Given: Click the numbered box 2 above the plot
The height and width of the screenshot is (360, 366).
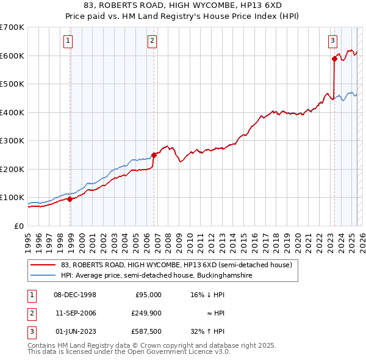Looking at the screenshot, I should (151, 41).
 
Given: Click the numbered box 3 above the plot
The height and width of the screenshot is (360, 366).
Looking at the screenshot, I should (332, 41).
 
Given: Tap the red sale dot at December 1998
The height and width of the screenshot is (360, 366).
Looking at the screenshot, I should (70, 198).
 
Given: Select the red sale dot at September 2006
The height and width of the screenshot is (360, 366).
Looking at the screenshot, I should (154, 155).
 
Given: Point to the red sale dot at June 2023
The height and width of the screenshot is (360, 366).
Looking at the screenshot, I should (334, 59).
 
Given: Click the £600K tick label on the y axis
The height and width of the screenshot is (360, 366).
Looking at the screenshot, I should (12, 56).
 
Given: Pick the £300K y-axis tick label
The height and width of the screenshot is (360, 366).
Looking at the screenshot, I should (12, 141).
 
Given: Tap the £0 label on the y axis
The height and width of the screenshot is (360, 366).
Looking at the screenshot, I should (19, 226).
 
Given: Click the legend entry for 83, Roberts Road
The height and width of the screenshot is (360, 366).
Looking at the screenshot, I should (177, 265).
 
